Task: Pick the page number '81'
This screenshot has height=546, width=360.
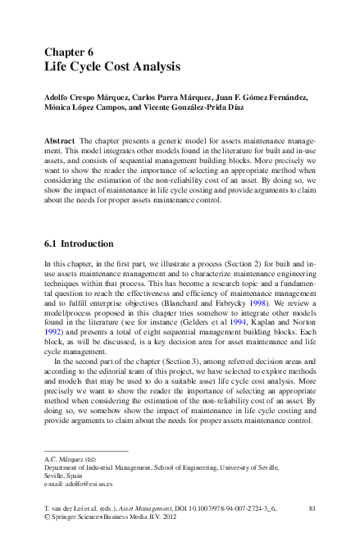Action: tap(311, 509)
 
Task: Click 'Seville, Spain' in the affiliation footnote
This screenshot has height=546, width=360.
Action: tap(63, 475)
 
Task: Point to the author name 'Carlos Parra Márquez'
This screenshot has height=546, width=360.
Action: tap(175, 98)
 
